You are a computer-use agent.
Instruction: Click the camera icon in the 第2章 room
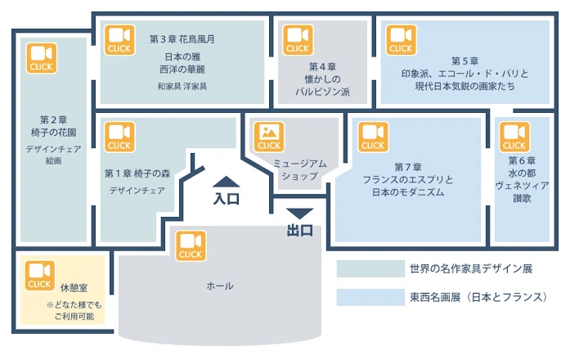[x=42, y=58]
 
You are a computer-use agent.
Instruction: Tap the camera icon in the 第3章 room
[x=119, y=40]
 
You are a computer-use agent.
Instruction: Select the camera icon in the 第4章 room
[x=298, y=40]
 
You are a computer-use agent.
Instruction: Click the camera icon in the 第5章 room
[x=401, y=40]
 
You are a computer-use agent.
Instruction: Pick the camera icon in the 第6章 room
[x=514, y=137]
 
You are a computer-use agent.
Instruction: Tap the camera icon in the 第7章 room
[x=373, y=137]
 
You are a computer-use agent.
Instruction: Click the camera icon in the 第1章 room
[x=119, y=137]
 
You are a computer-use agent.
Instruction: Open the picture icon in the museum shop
[x=269, y=137]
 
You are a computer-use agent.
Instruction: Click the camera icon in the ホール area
[x=191, y=245]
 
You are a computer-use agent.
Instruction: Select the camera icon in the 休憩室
[x=40, y=276]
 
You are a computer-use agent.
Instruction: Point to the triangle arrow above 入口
[x=226, y=182]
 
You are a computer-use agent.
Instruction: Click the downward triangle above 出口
[x=299, y=214]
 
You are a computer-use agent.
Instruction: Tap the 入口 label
[x=226, y=199]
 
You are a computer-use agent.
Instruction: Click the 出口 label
[x=300, y=230]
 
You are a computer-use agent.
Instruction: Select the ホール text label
[x=220, y=286]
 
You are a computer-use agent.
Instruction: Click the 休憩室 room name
[x=74, y=288]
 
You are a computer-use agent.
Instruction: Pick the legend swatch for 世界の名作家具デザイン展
[x=370, y=268]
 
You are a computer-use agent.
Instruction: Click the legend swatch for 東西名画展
[x=370, y=297]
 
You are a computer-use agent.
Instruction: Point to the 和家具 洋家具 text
[x=182, y=87]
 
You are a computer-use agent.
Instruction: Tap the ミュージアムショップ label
[x=300, y=170]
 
